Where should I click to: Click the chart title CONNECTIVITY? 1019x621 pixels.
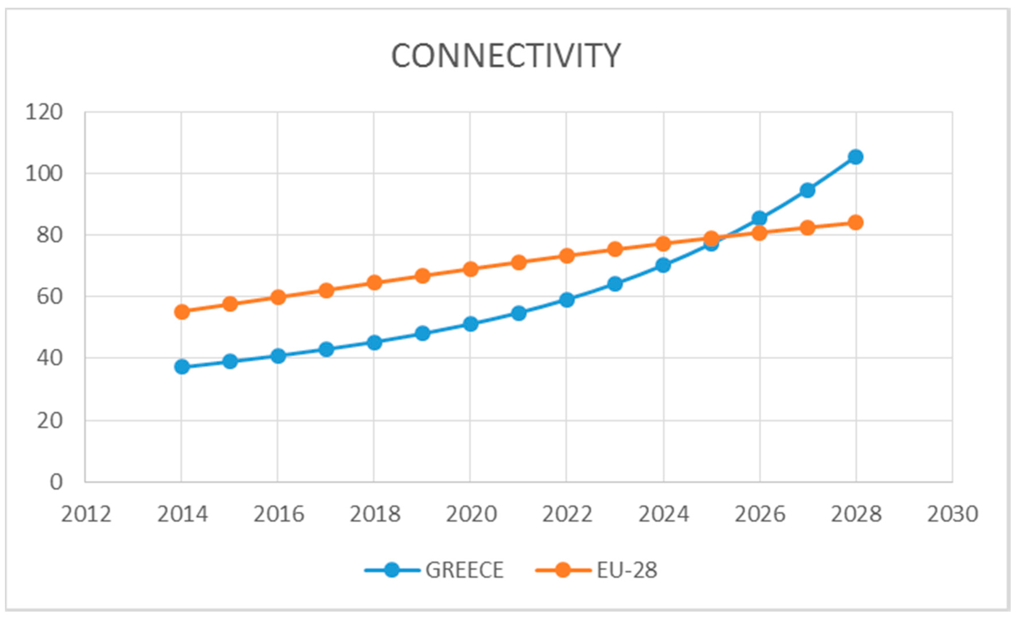pos(505,56)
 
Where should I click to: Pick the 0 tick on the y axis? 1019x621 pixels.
pos(56,482)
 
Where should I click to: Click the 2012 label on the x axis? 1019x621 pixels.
pos(86,514)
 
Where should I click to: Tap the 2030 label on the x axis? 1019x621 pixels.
pos(952,514)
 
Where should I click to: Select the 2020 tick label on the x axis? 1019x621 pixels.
pos(471,514)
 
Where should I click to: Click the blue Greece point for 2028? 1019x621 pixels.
pos(855,157)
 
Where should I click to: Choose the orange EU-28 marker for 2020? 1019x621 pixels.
pos(471,269)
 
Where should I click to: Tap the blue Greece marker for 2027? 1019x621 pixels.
pos(807,190)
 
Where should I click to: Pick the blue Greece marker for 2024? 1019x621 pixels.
pos(663,265)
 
